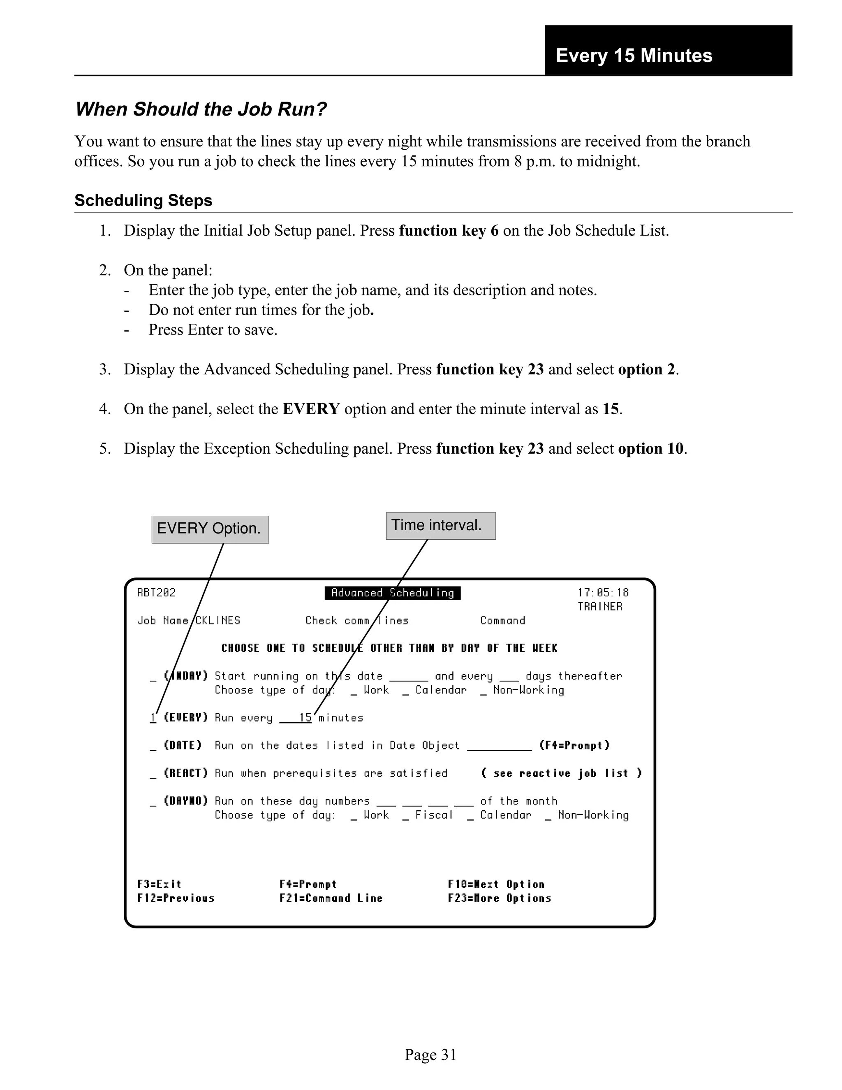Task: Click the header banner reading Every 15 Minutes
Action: point(634,56)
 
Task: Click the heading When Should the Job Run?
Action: point(201,109)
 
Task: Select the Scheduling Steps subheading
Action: point(143,201)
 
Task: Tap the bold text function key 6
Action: point(449,231)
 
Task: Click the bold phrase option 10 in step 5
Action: point(650,449)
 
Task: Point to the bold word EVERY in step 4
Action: point(311,409)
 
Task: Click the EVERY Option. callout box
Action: point(210,529)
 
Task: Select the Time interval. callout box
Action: point(440,526)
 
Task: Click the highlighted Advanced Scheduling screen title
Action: point(392,593)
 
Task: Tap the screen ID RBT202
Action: point(156,593)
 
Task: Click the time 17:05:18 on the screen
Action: point(603,593)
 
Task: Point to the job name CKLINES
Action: point(217,620)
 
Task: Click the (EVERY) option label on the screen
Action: point(185,718)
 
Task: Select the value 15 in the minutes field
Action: point(305,718)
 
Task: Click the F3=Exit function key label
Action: point(159,884)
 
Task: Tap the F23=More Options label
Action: point(499,898)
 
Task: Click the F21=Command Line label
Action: point(331,898)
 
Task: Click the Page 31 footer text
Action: point(430,1055)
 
